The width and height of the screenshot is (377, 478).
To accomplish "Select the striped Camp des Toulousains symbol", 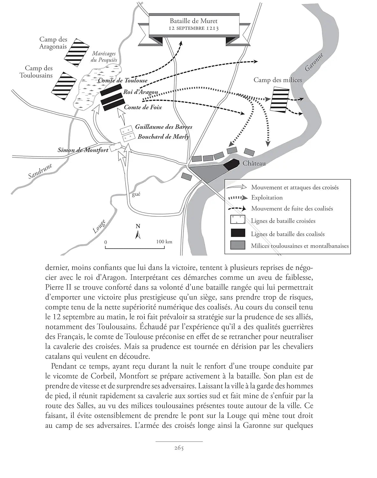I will [x=64, y=84].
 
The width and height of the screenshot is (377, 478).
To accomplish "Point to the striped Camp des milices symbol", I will [x=279, y=99].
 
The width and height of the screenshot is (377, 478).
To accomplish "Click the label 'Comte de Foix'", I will [x=143, y=107].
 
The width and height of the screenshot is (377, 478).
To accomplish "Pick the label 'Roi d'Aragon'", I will [x=141, y=92].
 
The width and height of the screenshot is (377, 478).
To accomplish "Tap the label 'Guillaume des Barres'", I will [x=163, y=127].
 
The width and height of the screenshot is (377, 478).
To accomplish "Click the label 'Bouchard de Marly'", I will [x=163, y=137].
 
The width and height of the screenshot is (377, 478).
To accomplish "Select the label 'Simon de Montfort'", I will [x=83, y=150].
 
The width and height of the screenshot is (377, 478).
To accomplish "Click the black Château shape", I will [x=231, y=165].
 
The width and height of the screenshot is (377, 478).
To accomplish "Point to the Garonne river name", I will [x=314, y=62].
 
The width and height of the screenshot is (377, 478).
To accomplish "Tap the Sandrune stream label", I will [x=40, y=171].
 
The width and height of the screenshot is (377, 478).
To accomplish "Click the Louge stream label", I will [x=99, y=227].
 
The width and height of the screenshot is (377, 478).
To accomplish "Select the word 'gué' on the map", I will [x=136, y=194].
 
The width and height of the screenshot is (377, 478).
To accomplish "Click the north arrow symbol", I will [x=138, y=233].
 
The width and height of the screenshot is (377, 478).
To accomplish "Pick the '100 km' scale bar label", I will [x=164, y=242].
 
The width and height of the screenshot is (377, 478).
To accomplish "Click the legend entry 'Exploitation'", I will [x=267, y=198].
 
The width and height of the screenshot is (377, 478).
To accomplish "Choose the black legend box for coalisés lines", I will [x=238, y=233].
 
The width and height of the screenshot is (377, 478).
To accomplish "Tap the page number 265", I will [x=179, y=448].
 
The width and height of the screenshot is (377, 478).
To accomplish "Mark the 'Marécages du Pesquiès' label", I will [x=104, y=57].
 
